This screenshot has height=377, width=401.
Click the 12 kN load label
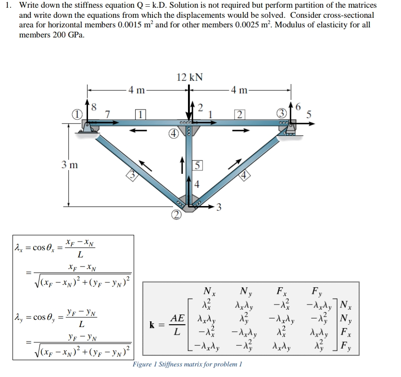click(x=190, y=77)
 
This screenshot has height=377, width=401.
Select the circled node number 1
click(x=76, y=114)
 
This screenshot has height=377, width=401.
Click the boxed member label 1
click(x=140, y=114)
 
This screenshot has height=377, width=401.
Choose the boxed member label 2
click(x=239, y=114)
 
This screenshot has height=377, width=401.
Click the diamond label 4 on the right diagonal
click(x=245, y=175)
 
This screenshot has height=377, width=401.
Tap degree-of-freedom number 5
click(x=309, y=114)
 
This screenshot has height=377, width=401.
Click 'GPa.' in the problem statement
click(x=76, y=35)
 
